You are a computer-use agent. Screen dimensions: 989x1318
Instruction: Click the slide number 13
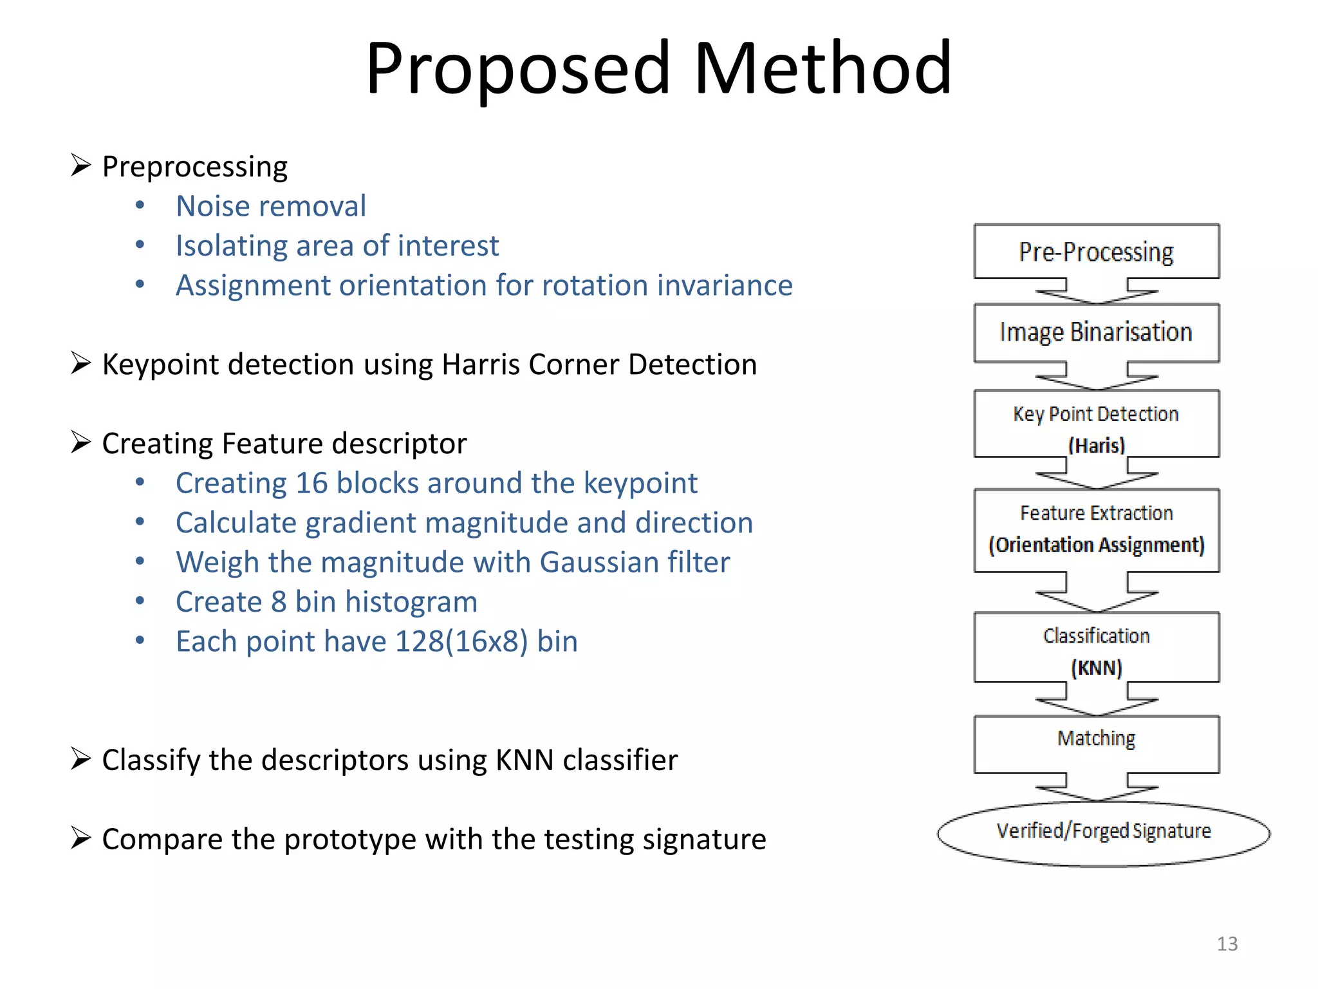point(1227,944)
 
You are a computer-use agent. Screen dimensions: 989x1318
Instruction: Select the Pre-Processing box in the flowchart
point(1096,252)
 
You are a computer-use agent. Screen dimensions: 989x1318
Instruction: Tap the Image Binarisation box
point(1096,332)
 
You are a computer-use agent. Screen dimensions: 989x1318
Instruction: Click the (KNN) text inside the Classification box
point(1096,668)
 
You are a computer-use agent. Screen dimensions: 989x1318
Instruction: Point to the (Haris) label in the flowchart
point(1096,445)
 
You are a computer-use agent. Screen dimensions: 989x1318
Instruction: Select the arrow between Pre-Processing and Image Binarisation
point(1096,292)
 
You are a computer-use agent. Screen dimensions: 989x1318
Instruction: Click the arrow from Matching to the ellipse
point(1096,788)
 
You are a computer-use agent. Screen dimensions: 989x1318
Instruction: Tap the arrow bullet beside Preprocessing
point(80,166)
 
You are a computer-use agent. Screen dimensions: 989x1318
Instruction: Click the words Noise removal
point(271,207)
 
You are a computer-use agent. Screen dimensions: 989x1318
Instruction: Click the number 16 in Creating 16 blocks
point(311,483)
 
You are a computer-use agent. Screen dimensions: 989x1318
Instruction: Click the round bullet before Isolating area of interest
point(140,245)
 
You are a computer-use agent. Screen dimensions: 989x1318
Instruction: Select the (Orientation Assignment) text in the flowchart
point(1096,545)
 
